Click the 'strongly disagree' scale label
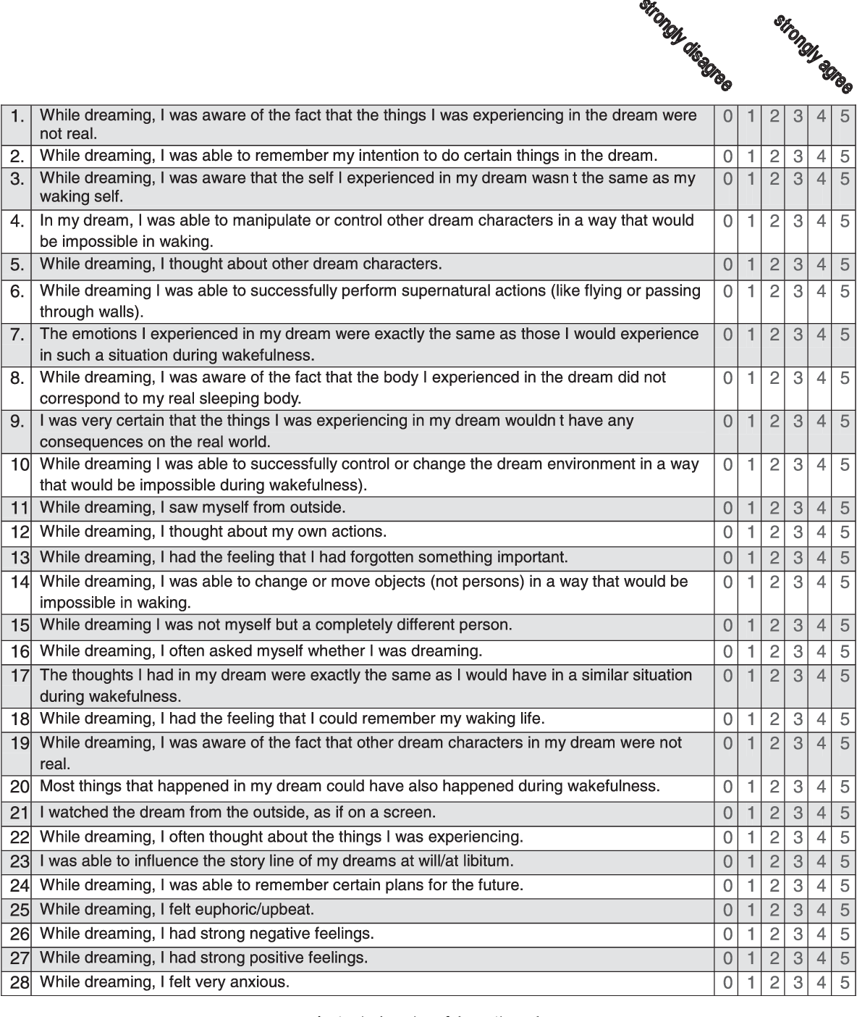(x=685, y=45)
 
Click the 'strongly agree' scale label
(x=813, y=54)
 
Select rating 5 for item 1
(x=844, y=116)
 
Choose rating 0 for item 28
(x=728, y=983)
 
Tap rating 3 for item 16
(x=798, y=652)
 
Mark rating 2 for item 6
(x=774, y=292)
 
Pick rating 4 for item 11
(x=821, y=508)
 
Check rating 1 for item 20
(x=751, y=787)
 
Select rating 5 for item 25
(x=844, y=911)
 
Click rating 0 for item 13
(x=728, y=558)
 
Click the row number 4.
(x=17, y=222)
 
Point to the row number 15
(x=20, y=626)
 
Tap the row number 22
(x=20, y=838)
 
